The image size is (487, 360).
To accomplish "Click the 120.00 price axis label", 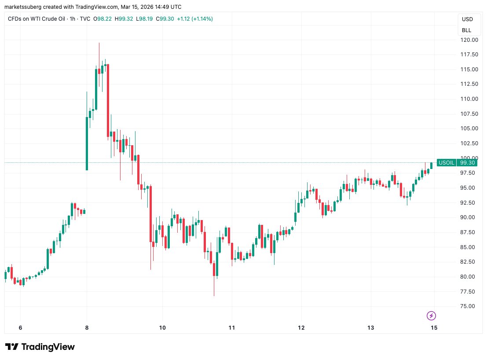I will [469, 40].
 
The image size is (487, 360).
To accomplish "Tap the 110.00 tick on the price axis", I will [469, 99].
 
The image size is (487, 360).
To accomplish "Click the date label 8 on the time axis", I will [87, 328].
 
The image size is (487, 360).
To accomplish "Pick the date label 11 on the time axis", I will [232, 328].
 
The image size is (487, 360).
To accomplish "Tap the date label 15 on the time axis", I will [434, 328].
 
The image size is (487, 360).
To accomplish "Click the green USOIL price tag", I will [447, 163].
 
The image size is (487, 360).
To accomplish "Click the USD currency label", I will [467, 19].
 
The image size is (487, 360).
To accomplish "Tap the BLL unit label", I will [466, 30].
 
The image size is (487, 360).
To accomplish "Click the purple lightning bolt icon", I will [432, 316].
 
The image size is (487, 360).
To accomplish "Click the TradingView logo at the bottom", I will [40, 347].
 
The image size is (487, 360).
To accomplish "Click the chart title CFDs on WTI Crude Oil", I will [36, 19].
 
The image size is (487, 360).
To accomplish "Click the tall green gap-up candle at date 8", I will [87, 143].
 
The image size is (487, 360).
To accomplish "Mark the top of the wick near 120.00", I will [99, 43].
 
